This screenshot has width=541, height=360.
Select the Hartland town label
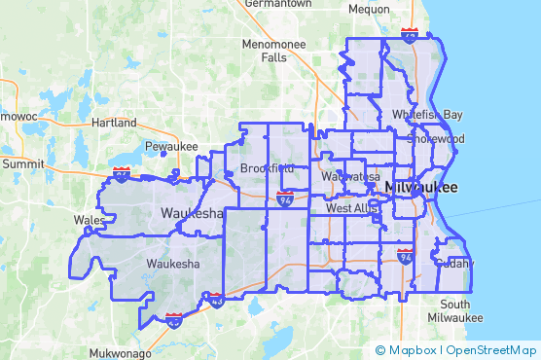[113, 124]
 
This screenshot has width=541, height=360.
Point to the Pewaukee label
[171, 146]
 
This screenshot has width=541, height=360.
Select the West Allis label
[350, 207]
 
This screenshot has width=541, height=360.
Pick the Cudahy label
[453, 263]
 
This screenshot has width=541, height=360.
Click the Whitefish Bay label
[427, 114]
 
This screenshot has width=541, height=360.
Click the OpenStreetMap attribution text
[491, 350]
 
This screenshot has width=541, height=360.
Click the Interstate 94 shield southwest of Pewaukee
[121, 174]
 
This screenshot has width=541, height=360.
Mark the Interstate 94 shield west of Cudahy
[406, 256]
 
